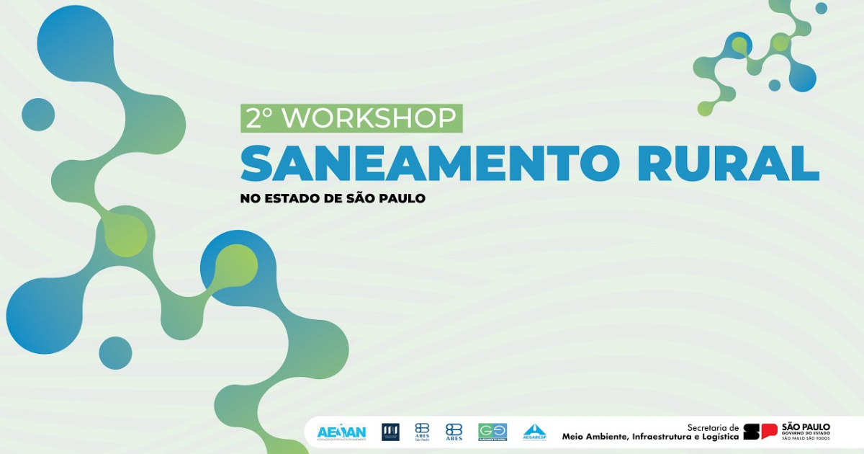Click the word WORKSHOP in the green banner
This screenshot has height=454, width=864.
coord(370,118)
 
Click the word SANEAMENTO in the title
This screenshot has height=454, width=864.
coord(429,164)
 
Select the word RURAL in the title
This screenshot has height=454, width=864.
coord(728,164)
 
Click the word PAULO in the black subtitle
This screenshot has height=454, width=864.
coord(400,198)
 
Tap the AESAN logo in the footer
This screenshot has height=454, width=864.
coord(341,432)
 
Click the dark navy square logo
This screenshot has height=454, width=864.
coord(390,432)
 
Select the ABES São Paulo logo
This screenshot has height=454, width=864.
coord(422,432)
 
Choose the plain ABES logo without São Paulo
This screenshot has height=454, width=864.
coord(454,432)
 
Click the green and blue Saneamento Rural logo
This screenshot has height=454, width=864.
coord(492,432)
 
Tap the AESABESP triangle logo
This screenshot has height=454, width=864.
coord(534,432)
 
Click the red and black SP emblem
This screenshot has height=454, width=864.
coord(760,432)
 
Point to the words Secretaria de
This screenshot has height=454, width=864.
coord(713,427)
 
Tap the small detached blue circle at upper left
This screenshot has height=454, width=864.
coord(38,115)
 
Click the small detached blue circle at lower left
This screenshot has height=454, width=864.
coord(115,353)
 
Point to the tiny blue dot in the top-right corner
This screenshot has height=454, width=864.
coord(821,8)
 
